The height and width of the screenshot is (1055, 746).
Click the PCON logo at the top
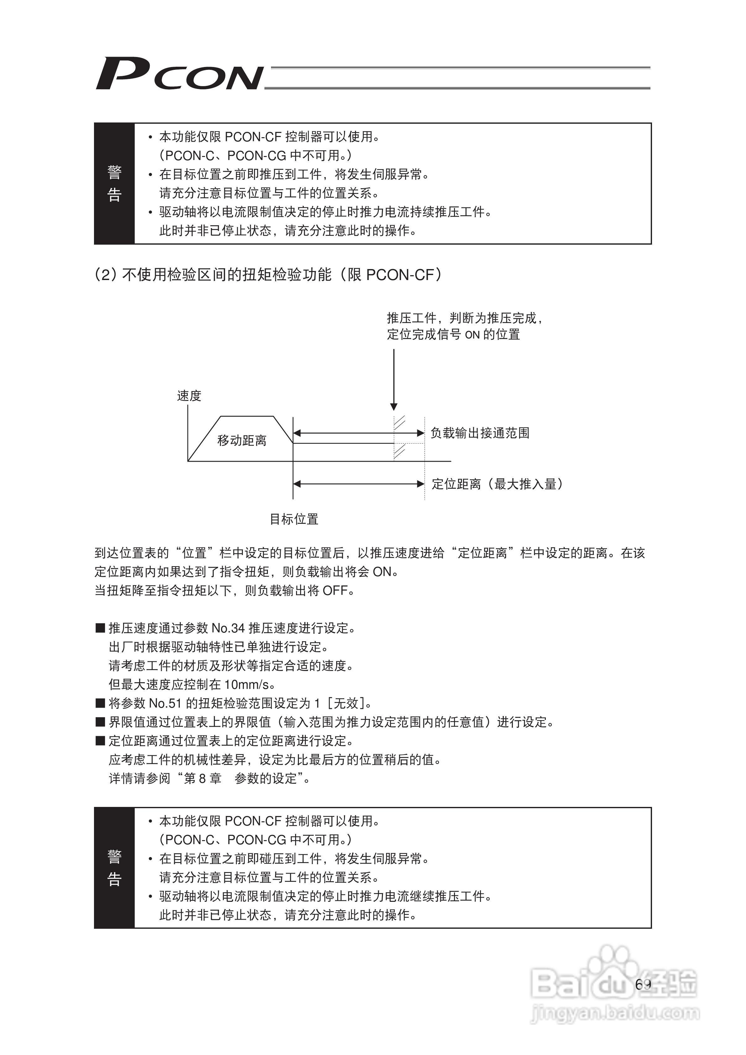click(179, 74)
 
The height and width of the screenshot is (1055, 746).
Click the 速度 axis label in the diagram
click(189, 396)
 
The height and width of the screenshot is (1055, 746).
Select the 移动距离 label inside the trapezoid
click(242, 440)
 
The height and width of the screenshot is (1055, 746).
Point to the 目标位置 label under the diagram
click(294, 519)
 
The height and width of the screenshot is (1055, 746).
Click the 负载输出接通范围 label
click(480, 433)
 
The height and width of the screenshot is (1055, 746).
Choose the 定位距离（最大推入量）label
click(497, 484)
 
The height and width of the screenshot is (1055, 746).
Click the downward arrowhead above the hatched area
click(394, 406)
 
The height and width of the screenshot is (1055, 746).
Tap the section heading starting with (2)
click(268, 275)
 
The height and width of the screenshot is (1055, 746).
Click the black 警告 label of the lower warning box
click(114, 868)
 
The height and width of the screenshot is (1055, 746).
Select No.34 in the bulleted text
click(228, 628)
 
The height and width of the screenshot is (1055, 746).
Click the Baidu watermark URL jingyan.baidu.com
click(615, 1012)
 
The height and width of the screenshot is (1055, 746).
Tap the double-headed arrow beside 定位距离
click(358, 484)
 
